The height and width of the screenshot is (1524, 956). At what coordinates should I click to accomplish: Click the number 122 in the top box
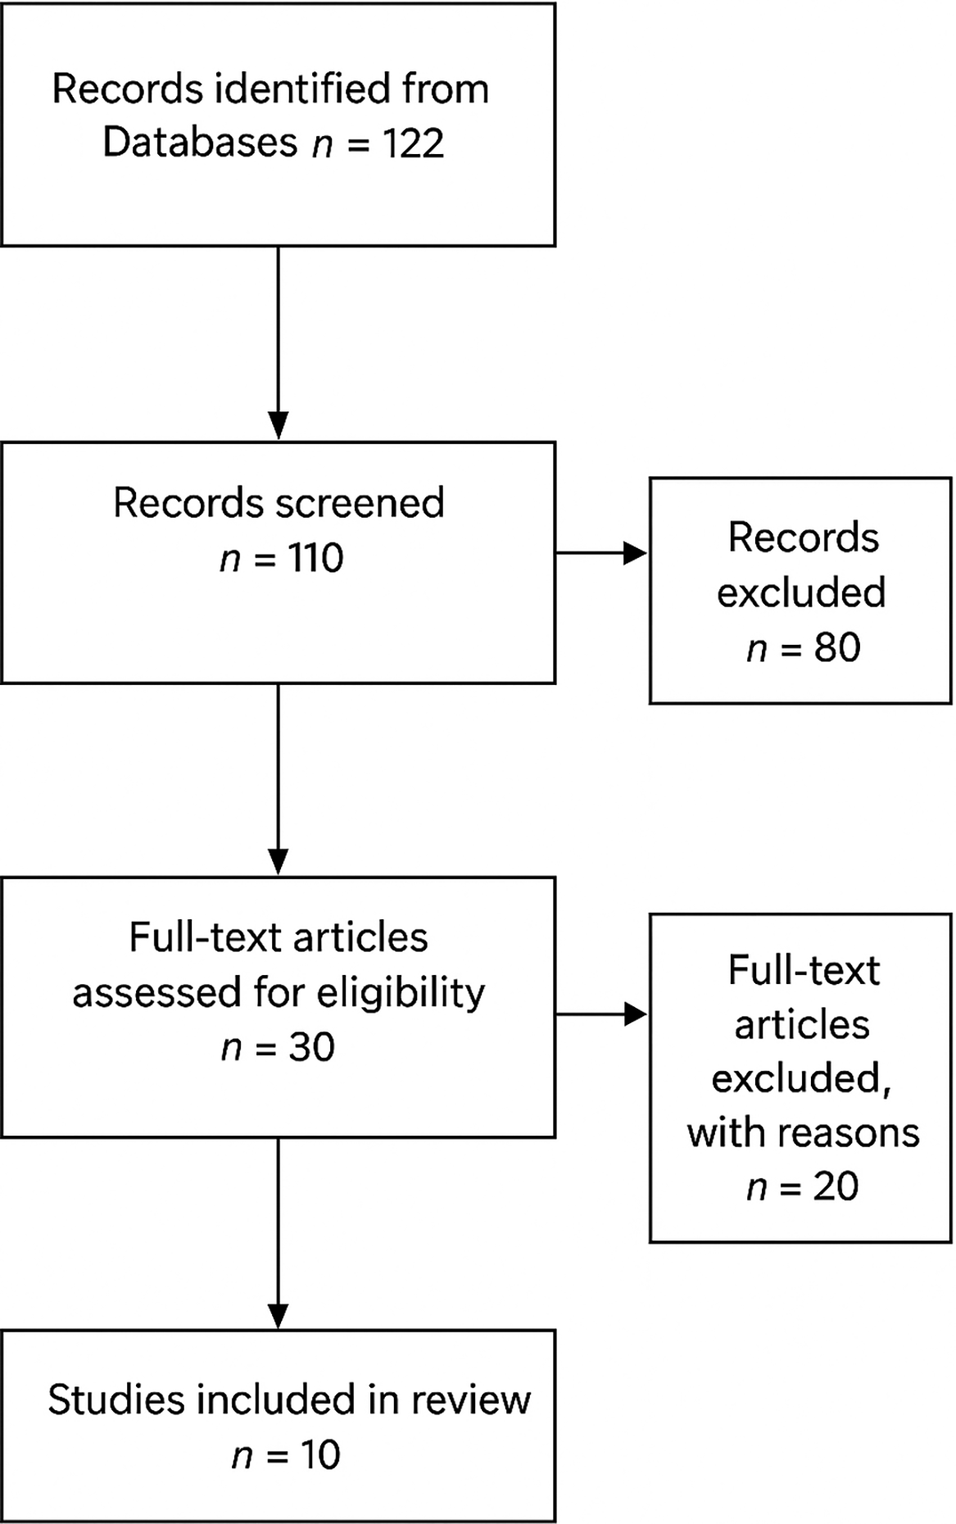click(413, 143)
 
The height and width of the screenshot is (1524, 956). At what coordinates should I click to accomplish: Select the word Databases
click(200, 143)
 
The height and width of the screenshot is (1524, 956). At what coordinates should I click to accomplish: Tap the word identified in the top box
click(303, 88)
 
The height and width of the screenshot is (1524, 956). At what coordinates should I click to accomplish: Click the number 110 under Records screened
click(315, 559)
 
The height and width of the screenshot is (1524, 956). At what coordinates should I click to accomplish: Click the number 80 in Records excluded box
click(837, 647)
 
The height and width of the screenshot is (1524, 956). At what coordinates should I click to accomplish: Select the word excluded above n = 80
click(801, 592)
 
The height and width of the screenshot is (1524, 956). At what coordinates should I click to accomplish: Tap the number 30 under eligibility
click(311, 1047)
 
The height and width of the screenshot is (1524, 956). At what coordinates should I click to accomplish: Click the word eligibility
click(401, 993)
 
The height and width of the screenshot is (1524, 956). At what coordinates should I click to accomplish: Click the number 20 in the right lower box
click(836, 1186)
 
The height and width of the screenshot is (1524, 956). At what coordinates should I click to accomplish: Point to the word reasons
click(849, 1133)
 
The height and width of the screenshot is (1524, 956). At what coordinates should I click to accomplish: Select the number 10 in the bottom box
click(319, 1455)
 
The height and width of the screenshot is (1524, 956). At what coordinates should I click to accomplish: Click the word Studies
click(116, 1400)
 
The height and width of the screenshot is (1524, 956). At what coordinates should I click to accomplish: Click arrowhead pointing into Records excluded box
click(636, 553)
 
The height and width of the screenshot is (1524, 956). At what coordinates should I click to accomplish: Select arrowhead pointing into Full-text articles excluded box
click(636, 1014)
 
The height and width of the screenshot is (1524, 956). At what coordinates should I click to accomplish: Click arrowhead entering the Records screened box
click(279, 426)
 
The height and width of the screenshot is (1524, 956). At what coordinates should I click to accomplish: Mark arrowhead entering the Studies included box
click(279, 1314)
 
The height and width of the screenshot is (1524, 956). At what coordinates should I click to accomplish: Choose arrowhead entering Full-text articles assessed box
click(279, 862)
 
